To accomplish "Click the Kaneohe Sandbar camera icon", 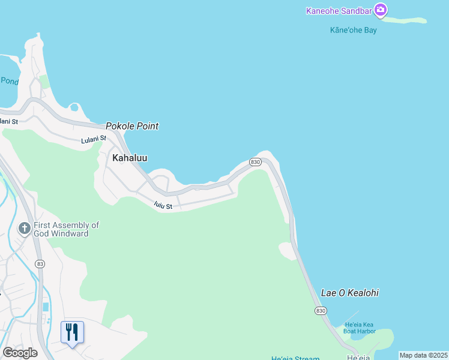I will pos(380,10).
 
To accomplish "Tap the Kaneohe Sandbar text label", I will pos(339,10).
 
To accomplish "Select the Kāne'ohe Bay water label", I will pos(354,30).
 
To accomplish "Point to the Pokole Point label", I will pos(132,126).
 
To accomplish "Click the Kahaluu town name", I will pos(130,158).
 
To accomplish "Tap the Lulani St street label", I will pos(94,139).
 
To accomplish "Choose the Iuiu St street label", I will pos(163,206).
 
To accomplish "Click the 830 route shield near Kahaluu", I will pos(255,163).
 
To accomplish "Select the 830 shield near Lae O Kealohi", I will pos(320,310).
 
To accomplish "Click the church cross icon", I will pos(24,228).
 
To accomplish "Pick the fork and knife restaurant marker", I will pos(72,332).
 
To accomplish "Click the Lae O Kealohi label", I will pos(350,293).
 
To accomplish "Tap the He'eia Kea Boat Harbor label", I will pos(360,328).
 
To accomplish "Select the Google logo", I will pos(20,353).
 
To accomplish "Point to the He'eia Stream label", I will pos(295,358).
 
